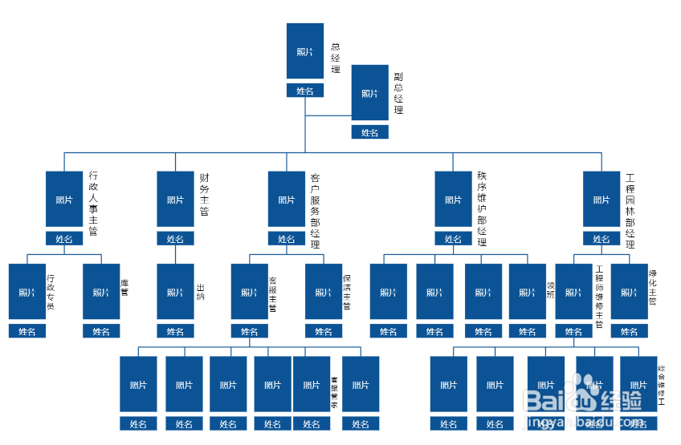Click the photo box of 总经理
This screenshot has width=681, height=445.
click(305, 51)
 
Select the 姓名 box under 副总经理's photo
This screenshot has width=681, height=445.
click(369, 132)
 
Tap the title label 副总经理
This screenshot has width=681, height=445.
click(398, 93)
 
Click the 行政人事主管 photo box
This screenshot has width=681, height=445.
click(64, 199)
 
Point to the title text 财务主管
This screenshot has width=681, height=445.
click(204, 194)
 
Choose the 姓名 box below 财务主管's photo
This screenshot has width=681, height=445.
click(175, 238)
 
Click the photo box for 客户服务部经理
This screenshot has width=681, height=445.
click(287, 199)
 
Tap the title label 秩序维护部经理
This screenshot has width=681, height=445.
click(482, 208)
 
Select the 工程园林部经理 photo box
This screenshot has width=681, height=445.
click(601, 199)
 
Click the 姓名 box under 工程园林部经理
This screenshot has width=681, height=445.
click(601, 238)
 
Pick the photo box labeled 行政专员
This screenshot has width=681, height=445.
click(27, 292)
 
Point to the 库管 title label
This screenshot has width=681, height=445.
click(124, 287)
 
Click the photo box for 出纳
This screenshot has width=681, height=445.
click(175, 292)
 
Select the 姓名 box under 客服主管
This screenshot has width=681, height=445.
click(250, 331)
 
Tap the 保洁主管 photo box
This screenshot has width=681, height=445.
click(324, 292)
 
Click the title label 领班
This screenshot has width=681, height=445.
click(551, 289)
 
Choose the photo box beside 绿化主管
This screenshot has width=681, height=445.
click(630, 292)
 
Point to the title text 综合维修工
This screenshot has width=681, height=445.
click(660, 380)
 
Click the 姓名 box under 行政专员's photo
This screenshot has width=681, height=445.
click(27, 331)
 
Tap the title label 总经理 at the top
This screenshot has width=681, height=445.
click(336, 52)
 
